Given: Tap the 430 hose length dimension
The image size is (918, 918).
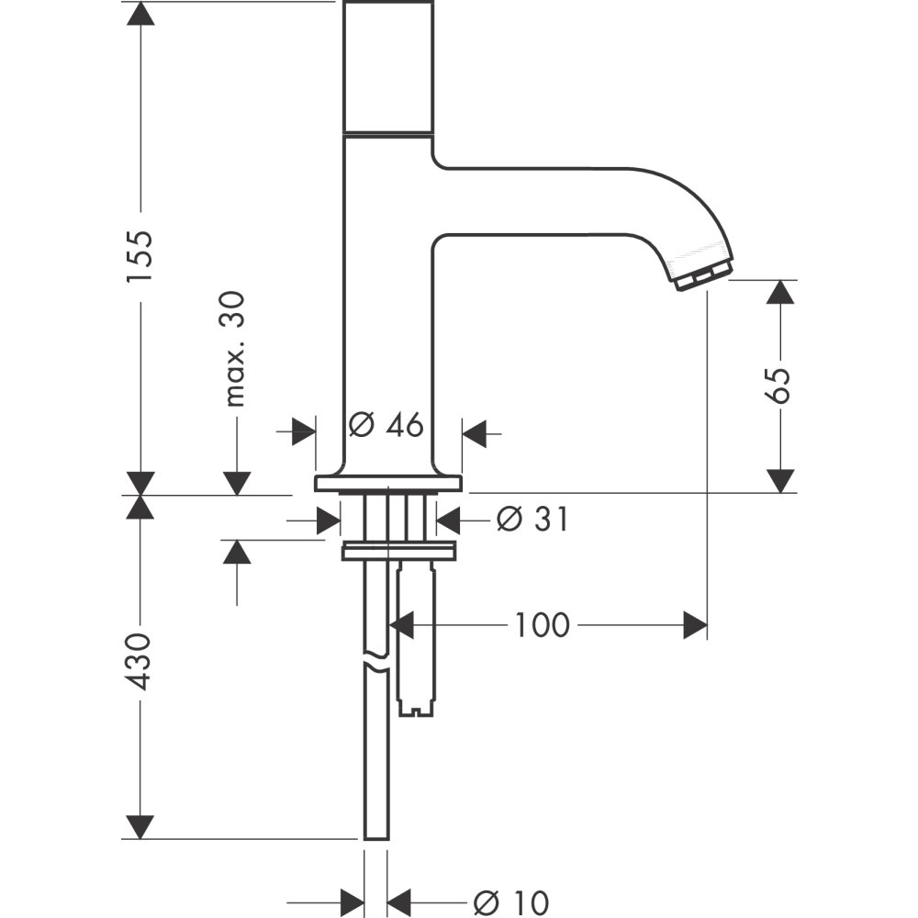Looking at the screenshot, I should pos(140,661).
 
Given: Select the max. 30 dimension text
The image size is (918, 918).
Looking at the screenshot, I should pos(235,349).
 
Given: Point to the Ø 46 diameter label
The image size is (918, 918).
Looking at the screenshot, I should pos(386,425).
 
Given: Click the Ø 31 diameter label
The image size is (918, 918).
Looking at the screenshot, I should pos(532,521).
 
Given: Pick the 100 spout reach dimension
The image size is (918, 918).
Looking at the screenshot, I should pos(542,626).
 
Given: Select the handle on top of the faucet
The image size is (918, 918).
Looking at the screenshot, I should pos(387,66).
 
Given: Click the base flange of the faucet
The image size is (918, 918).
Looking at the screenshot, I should pos(386,484).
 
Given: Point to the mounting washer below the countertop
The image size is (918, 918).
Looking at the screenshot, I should pos(398,552).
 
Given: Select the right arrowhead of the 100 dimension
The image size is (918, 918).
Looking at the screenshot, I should pos(696,626).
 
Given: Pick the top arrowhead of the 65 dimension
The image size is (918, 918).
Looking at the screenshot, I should pos(779,292).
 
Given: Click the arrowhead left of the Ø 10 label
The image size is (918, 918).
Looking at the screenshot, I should pos(353,900).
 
